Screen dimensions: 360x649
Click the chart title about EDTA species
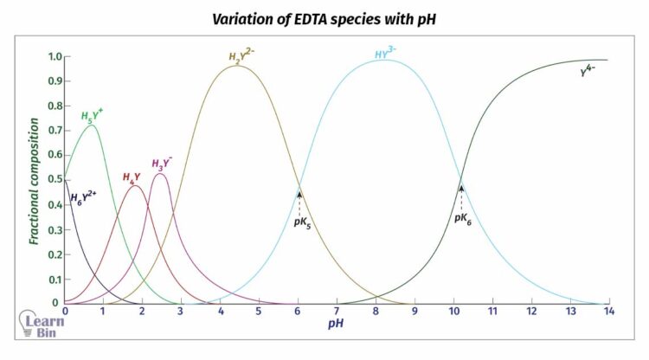(x=324, y=19)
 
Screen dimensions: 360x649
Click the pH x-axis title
(x=337, y=322)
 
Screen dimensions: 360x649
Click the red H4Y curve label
(x=132, y=177)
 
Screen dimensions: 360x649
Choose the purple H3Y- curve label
(x=162, y=164)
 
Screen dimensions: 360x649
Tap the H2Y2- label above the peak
(x=241, y=57)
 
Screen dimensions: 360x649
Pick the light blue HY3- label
(x=386, y=54)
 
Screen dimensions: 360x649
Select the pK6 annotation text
(x=462, y=219)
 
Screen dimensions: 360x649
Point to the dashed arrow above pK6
(x=461, y=194)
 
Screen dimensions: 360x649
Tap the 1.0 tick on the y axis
(x=54, y=56)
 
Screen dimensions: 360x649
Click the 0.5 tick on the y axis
(x=54, y=180)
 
